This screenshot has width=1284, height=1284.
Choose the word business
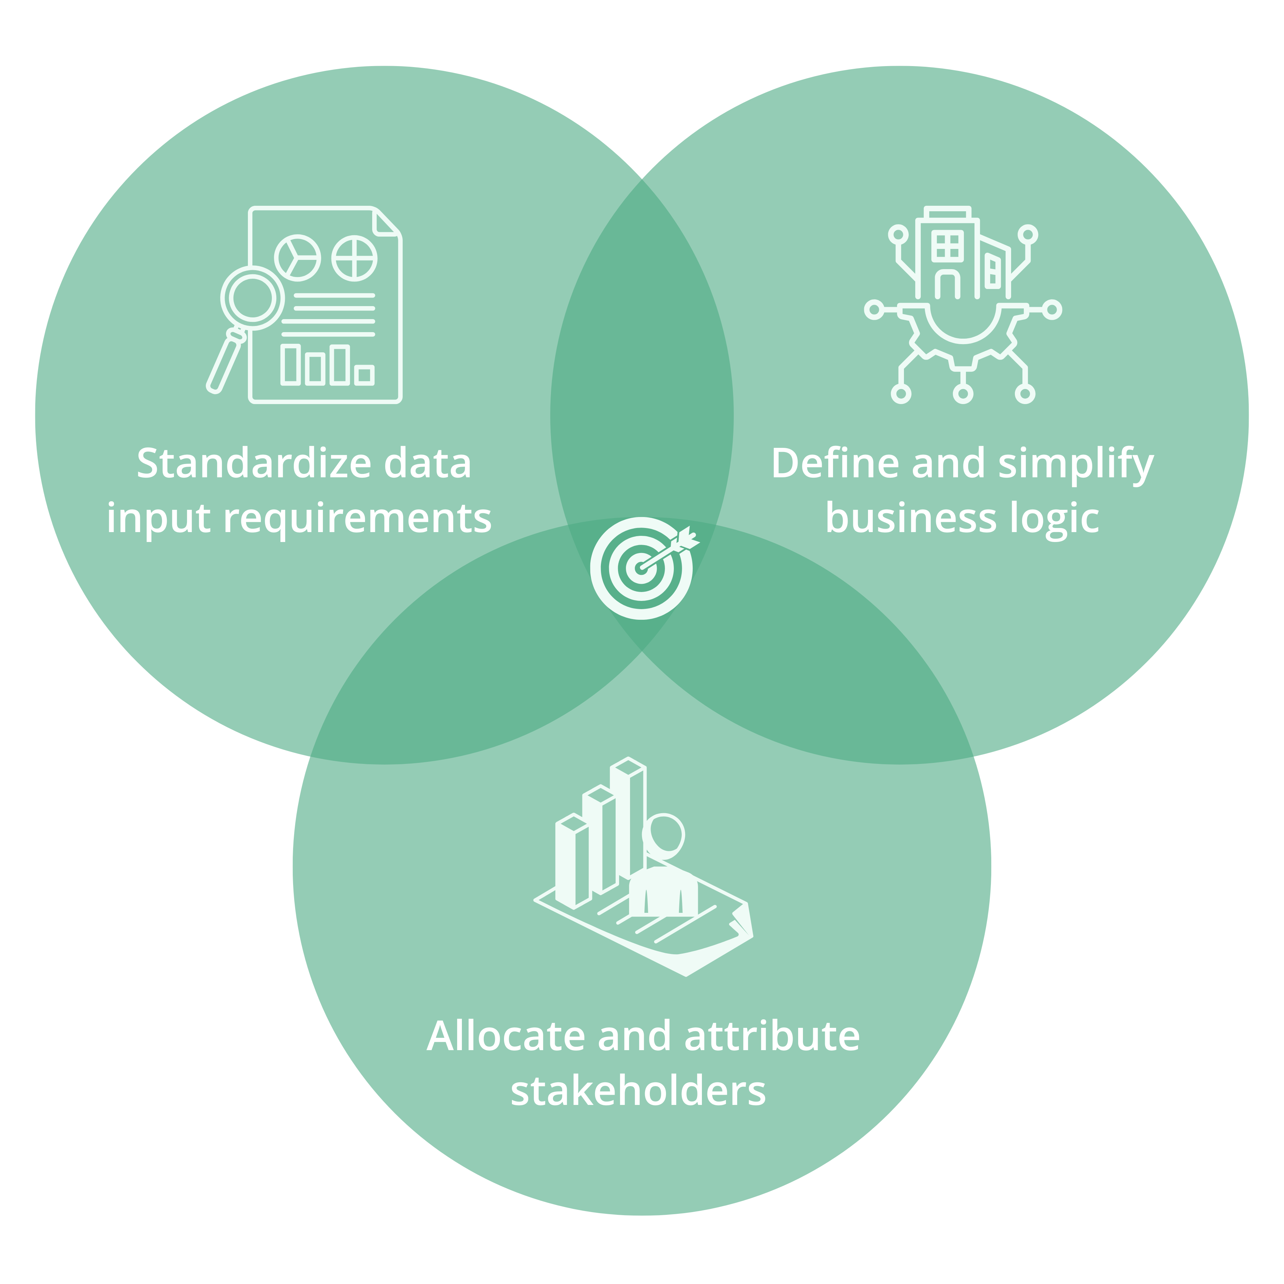[910, 518]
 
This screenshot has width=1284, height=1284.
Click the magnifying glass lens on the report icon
[253, 298]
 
